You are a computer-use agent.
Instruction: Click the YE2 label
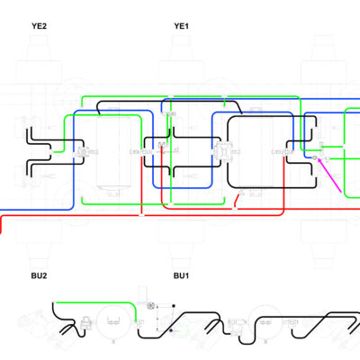39,26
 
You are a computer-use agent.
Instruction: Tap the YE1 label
181,26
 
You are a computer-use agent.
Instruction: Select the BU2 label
39,275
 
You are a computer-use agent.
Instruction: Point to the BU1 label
181,275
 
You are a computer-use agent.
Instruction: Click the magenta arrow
329,175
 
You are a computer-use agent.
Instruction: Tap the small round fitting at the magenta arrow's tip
314,157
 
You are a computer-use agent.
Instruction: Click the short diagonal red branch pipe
238,200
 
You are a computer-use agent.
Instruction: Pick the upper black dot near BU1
174,306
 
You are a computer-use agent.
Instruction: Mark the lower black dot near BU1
171,330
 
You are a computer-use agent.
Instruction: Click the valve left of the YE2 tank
82,152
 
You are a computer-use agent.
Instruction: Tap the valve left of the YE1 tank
221,151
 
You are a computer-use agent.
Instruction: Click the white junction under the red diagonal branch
235,208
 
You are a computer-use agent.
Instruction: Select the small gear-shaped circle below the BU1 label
150,306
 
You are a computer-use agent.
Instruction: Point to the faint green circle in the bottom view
181,332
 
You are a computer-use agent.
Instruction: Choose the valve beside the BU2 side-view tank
86,322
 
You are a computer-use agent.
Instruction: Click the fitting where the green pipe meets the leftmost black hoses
50,152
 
